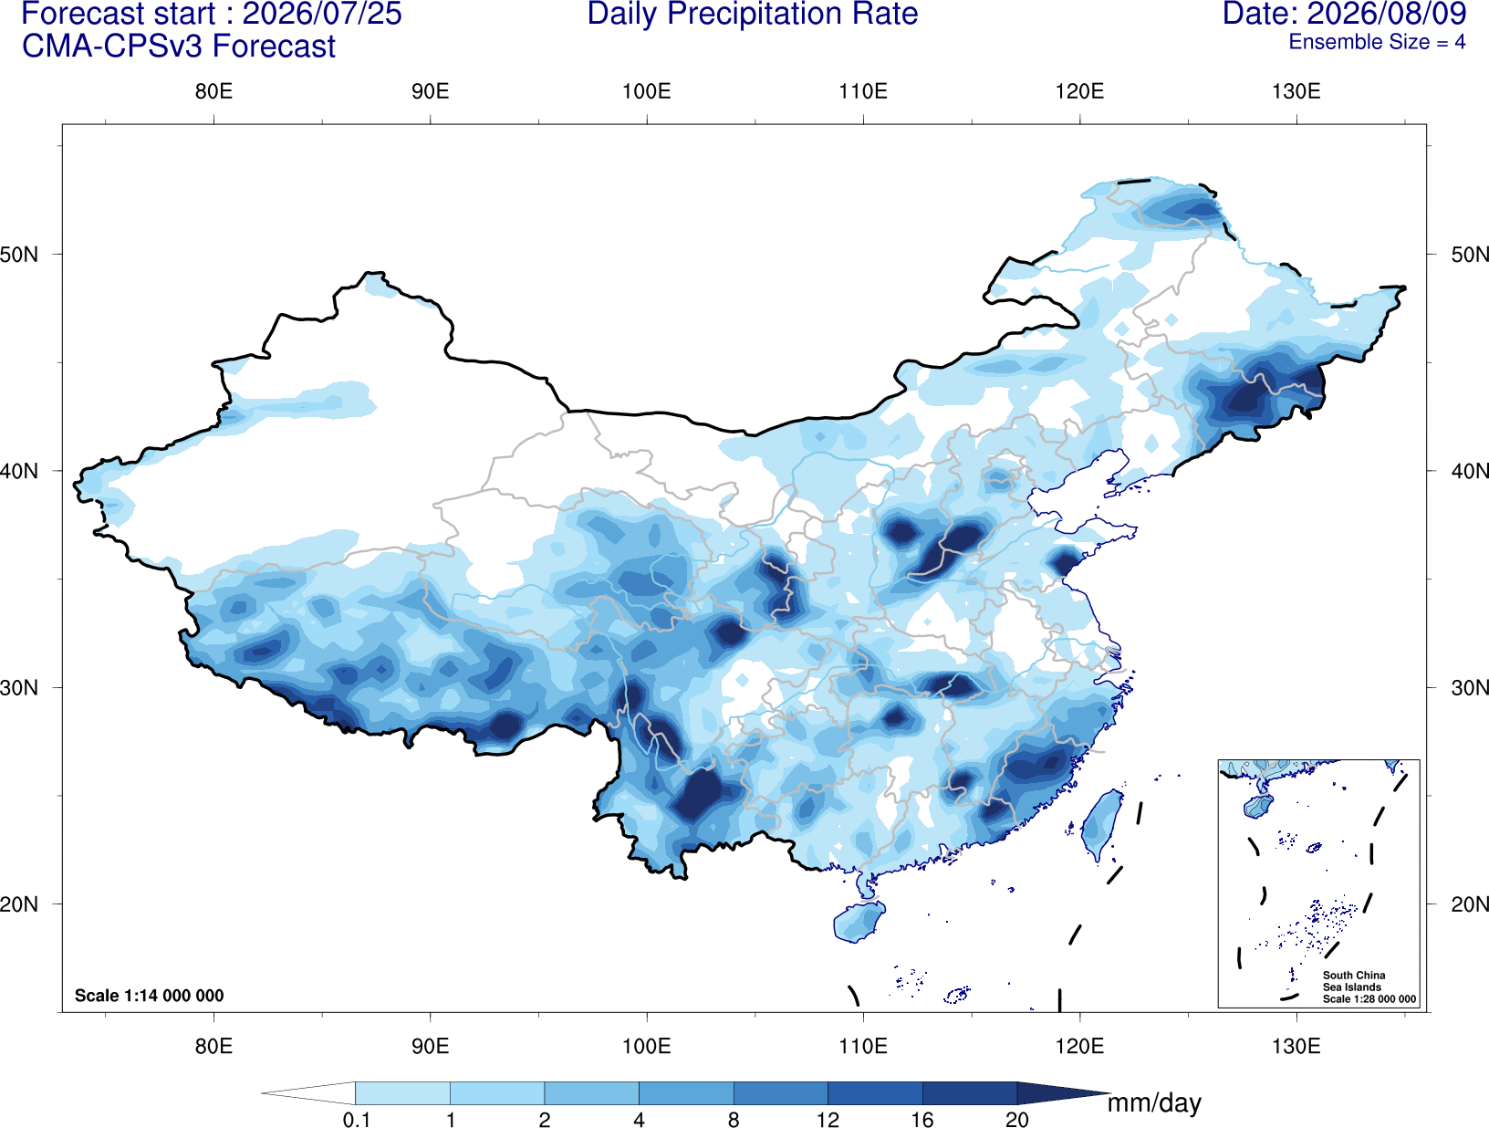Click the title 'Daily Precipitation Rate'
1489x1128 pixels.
(x=752, y=15)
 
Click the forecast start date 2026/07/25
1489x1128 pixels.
(x=322, y=14)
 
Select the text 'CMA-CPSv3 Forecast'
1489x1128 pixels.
(x=179, y=47)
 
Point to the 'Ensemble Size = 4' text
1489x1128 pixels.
(x=1377, y=42)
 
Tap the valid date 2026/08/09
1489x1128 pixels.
(x=1387, y=14)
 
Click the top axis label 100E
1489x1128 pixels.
(x=647, y=91)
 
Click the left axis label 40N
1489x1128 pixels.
(x=19, y=471)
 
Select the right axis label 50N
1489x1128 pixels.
(x=1470, y=255)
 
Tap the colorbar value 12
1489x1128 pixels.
(x=828, y=1119)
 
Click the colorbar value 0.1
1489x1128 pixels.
(x=356, y=1119)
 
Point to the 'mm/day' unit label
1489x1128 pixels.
(x=1154, y=1103)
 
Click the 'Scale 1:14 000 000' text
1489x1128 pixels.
(x=150, y=995)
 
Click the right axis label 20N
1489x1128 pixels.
(x=1470, y=904)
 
